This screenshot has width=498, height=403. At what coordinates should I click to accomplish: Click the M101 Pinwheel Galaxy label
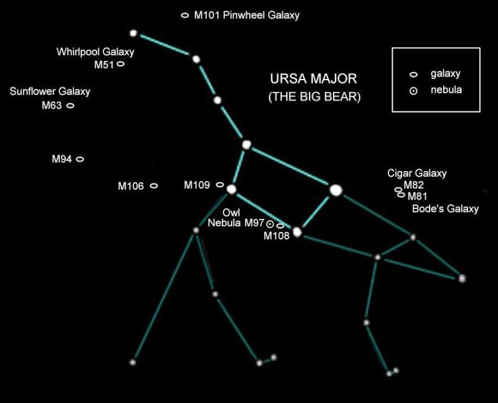pyautogui.click(x=247, y=15)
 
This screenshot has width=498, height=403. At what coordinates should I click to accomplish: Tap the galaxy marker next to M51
pyautogui.click(x=121, y=63)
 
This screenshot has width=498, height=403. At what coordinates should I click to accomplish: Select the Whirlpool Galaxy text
pyautogui.click(x=95, y=52)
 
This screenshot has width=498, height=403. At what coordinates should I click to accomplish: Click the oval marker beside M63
pyautogui.click(x=70, y=105)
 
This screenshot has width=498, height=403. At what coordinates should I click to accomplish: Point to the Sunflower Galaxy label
pyautogui.click(x=50, y=92)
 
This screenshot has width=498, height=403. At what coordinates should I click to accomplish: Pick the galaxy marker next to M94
pyautogui.click(x=80, y=159)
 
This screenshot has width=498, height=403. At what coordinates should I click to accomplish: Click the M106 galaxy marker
pyautogui.click(x=154, y=185)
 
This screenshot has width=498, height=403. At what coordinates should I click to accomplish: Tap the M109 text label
pyautogui.click(x=197, y=185)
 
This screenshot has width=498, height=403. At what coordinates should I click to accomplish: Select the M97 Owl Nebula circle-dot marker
pyautogui.click(x=270, y=223)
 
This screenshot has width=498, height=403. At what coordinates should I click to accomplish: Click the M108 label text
pyautogui.click(x=277, y=236)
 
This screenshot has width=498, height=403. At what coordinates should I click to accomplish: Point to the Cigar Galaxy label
pyautogui.click(x=416, y=174)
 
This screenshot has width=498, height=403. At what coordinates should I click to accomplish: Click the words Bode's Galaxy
pyautogui.click(x=445, y=209)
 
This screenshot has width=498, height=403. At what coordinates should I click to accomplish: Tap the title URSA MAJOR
pyautogui.click(x=313, y=79)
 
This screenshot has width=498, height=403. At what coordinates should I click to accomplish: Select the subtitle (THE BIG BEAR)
pyautogui.click(x=314, y=97)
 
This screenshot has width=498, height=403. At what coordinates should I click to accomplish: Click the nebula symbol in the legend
pyautogui.click(x=413, y=91)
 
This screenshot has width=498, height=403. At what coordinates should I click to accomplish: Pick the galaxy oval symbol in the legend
pyautogui.click(x=413, y=75)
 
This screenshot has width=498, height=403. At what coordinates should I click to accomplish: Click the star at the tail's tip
pyautogui.click(x=133, y=33)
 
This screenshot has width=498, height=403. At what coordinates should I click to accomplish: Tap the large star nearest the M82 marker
pyautogui.click(x=336, y=190)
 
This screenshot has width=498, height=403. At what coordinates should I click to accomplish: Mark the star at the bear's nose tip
pyautogui.click(x=462, y=279)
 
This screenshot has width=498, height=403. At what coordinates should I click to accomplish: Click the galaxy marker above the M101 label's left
pyautogui.click(x=185, y=15)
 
